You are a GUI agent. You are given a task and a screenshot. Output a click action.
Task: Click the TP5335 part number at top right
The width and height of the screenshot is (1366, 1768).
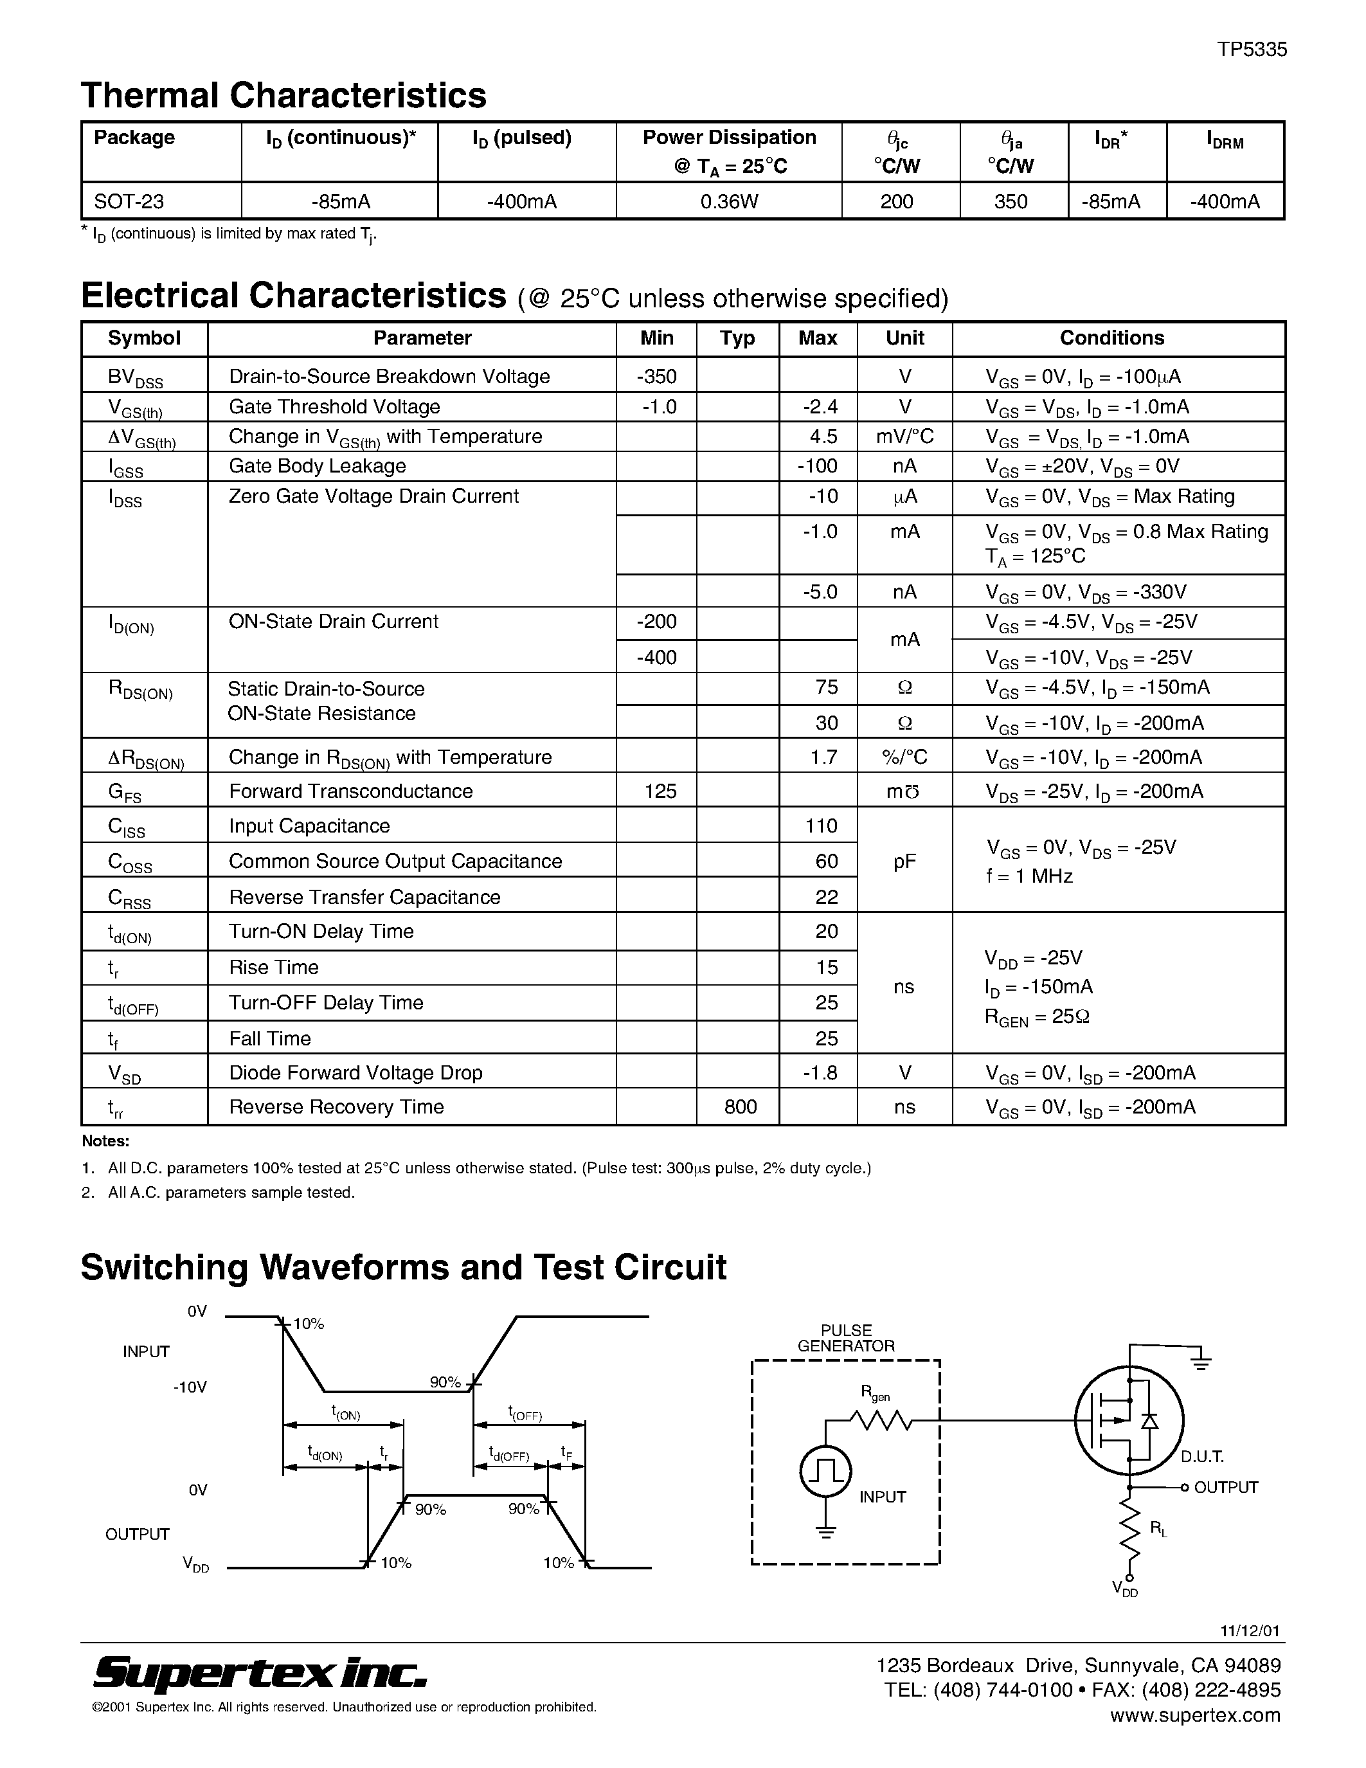[1252, 50]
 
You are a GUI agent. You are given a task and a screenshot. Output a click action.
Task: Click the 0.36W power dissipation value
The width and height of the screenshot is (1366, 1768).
[728, 201]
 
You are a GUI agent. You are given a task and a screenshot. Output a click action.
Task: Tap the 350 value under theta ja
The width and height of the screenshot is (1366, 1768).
[1011, 201]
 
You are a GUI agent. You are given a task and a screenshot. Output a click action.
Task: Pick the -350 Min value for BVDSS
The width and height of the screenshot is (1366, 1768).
[656, 377]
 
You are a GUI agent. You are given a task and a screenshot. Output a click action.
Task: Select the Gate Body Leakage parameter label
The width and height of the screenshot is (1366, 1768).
[317, 466]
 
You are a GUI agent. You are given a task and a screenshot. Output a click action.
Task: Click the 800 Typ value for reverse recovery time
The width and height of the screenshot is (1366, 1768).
[740, 1106]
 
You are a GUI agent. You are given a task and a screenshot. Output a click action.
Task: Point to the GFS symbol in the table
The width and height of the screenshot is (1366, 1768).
[125, 793]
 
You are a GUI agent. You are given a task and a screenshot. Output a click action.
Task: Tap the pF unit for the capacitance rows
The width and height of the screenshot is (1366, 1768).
[904, 861]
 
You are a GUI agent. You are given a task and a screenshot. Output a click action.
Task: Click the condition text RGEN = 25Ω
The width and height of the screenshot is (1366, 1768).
[1037, 1017]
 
